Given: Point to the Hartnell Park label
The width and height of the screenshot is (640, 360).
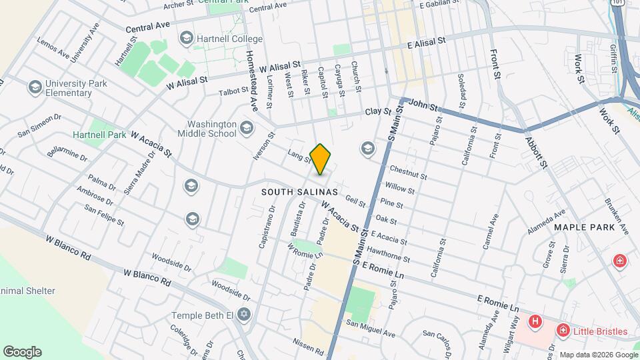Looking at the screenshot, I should tap(99, 135).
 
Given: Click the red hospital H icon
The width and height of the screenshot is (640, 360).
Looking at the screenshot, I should tap(534, 323).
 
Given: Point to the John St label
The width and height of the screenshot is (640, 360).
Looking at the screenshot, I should tap(424, 105).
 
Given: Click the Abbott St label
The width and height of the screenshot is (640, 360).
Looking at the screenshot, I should tap(536, 153).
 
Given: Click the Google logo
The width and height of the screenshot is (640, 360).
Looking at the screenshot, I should tap(22, 351).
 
